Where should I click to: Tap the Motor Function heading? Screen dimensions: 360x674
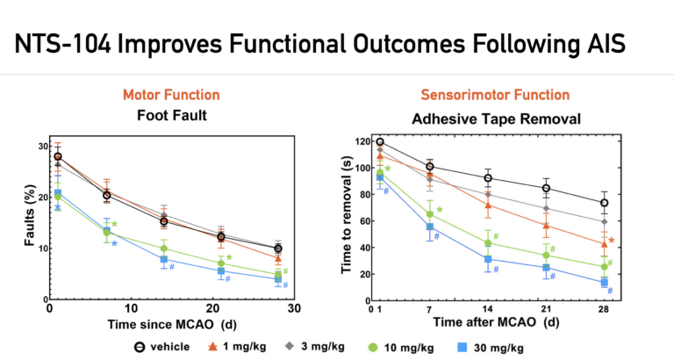click(171, 95)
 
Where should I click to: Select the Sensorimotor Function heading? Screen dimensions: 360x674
click(496, 95)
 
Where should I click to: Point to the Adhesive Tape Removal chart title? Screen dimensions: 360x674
click(496, 117)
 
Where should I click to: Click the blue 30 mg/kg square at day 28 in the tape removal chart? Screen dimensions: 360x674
click(605, 282)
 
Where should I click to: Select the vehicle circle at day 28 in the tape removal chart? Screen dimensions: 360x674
click(605, 203)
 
